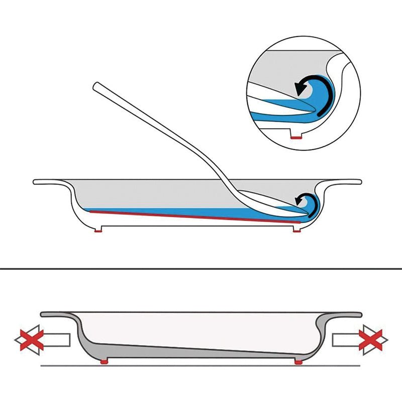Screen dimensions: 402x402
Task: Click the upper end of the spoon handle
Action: [97, 86]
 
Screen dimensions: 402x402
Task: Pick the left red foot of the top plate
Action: [99, 230]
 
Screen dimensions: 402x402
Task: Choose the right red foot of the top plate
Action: [297, 230]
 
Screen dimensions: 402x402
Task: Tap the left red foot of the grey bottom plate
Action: [104, 361]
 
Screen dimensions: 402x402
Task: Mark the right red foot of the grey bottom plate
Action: [298, 361]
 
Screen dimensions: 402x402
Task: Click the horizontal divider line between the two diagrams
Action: [201, 269]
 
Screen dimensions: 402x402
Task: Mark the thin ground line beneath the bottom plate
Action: [201, 365]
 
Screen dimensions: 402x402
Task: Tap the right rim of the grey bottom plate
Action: [347, 315]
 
